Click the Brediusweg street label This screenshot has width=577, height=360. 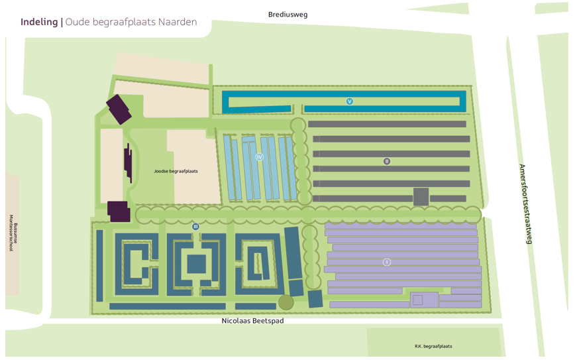288,14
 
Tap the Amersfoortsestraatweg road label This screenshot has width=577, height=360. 525,204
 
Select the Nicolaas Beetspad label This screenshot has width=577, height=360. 252,321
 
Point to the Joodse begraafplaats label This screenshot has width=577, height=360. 176,171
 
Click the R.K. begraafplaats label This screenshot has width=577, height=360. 433,346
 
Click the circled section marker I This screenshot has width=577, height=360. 387,263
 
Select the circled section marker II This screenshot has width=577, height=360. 387,161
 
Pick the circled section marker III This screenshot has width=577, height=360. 195,227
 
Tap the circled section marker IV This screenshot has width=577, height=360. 259,157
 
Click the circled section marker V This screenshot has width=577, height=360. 350,101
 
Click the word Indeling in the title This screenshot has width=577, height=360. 39,22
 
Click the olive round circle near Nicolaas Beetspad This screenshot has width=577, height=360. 286,302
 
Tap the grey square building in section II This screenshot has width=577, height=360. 421,196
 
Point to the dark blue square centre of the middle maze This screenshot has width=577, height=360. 196,264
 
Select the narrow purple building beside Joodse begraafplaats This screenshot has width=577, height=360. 128,163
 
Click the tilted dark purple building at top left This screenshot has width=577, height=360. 119,109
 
